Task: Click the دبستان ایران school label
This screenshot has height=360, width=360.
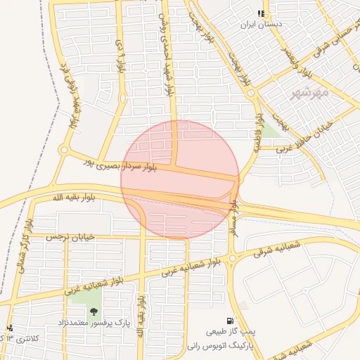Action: (x=261, y=24)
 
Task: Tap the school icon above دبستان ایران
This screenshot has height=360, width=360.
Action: (x=261, y=13)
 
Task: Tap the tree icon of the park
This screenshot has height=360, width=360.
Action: (x=94, y=312)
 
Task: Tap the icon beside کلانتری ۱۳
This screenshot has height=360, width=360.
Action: (x=10, y=328)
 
